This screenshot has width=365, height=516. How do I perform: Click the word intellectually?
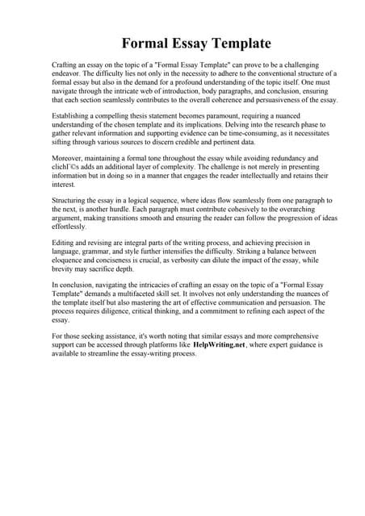coord(265,178)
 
